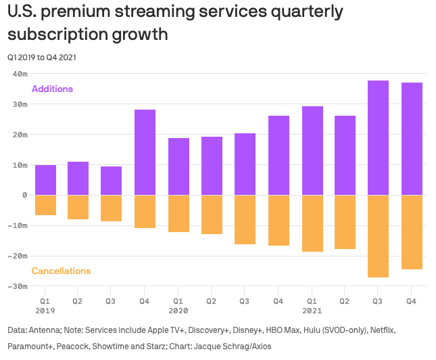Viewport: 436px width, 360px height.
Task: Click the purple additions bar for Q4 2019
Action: click(145, 152)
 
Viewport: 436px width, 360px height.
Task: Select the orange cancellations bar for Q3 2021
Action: click(378, 236)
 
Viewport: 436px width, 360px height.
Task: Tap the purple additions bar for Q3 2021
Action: click(378, 138)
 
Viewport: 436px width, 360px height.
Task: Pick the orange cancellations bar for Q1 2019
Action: click(45, 205)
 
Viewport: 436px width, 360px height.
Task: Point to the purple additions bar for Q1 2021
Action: click(312, 151)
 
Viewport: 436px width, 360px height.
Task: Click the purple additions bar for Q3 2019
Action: click(112, 181)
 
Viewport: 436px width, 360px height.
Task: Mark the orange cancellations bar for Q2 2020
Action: click(212, 215)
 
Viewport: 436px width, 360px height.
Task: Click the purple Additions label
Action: click(52, 89)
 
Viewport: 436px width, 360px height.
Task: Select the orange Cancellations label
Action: click(61, 271)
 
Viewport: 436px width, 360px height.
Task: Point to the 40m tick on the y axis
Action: click(18, 74)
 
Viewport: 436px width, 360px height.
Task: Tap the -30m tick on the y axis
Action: click(17, 287)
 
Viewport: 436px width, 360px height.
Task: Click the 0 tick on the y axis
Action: click(24, 196)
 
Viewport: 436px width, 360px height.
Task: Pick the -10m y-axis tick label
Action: click(17, 226)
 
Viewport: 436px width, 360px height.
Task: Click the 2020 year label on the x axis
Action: click(178, 311)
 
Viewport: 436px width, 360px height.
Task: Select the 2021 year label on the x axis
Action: click(312, 311)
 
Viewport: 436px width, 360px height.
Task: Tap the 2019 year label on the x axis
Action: click(45, 311)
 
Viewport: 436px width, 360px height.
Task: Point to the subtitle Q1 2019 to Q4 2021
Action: click(42, 57)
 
